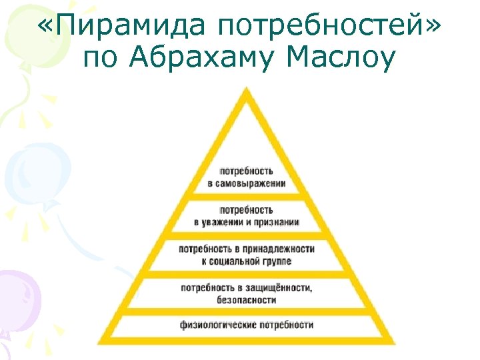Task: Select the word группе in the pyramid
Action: coord(276,261)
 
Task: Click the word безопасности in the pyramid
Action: coord(247,300)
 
